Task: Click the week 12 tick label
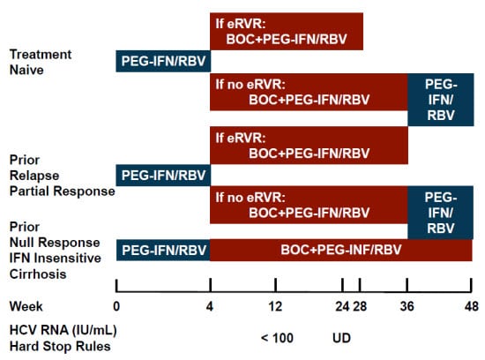(275, 306)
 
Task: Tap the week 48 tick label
(472, 306)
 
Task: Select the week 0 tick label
(116, 306)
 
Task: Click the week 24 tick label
(342, 306)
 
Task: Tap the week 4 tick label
(210, 306)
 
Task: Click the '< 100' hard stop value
(276, 338)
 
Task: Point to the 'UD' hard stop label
(342, 338)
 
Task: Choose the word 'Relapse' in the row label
(32, 176)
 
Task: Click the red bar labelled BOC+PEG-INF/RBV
(340, 251)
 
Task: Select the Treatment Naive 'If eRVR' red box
(286, 31)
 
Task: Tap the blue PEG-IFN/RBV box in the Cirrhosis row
(162, 251)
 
